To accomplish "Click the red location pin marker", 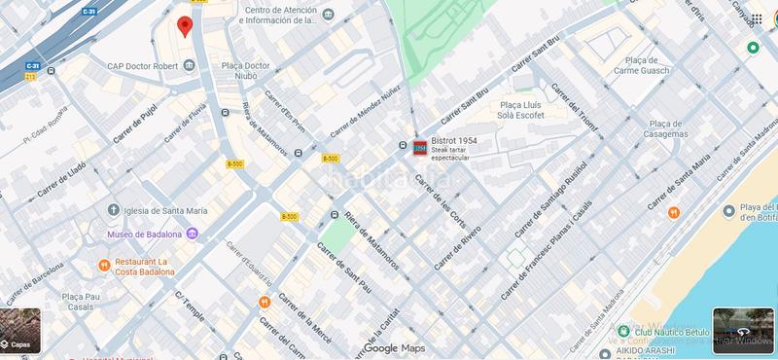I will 184,26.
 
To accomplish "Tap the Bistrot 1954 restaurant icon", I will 420,148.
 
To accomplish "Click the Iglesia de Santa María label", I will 164,210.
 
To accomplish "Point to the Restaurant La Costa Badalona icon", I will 104,266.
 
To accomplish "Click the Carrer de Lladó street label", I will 63,182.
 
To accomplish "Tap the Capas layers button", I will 20,330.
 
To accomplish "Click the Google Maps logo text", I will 394,348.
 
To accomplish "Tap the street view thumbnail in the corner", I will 743,329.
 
